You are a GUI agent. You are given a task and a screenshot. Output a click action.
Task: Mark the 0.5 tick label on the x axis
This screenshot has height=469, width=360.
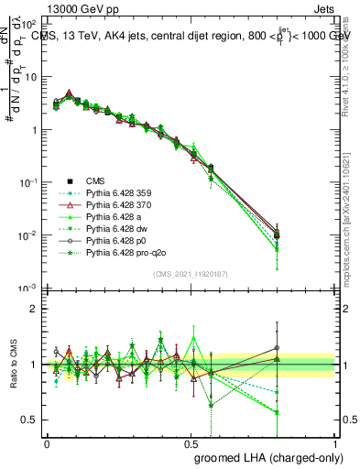click(x=191, y=442)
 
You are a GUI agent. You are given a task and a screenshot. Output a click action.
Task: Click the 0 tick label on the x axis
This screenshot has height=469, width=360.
click(x=47, y=442)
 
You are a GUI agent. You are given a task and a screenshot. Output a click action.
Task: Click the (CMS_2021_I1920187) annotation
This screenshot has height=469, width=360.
click(x=191, y=273)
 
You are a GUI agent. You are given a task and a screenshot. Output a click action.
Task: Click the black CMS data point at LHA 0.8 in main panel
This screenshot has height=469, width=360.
click(x=278, y=234)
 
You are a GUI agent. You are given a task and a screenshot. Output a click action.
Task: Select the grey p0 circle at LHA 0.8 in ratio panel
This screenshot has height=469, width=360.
click(x=278, y=348)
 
